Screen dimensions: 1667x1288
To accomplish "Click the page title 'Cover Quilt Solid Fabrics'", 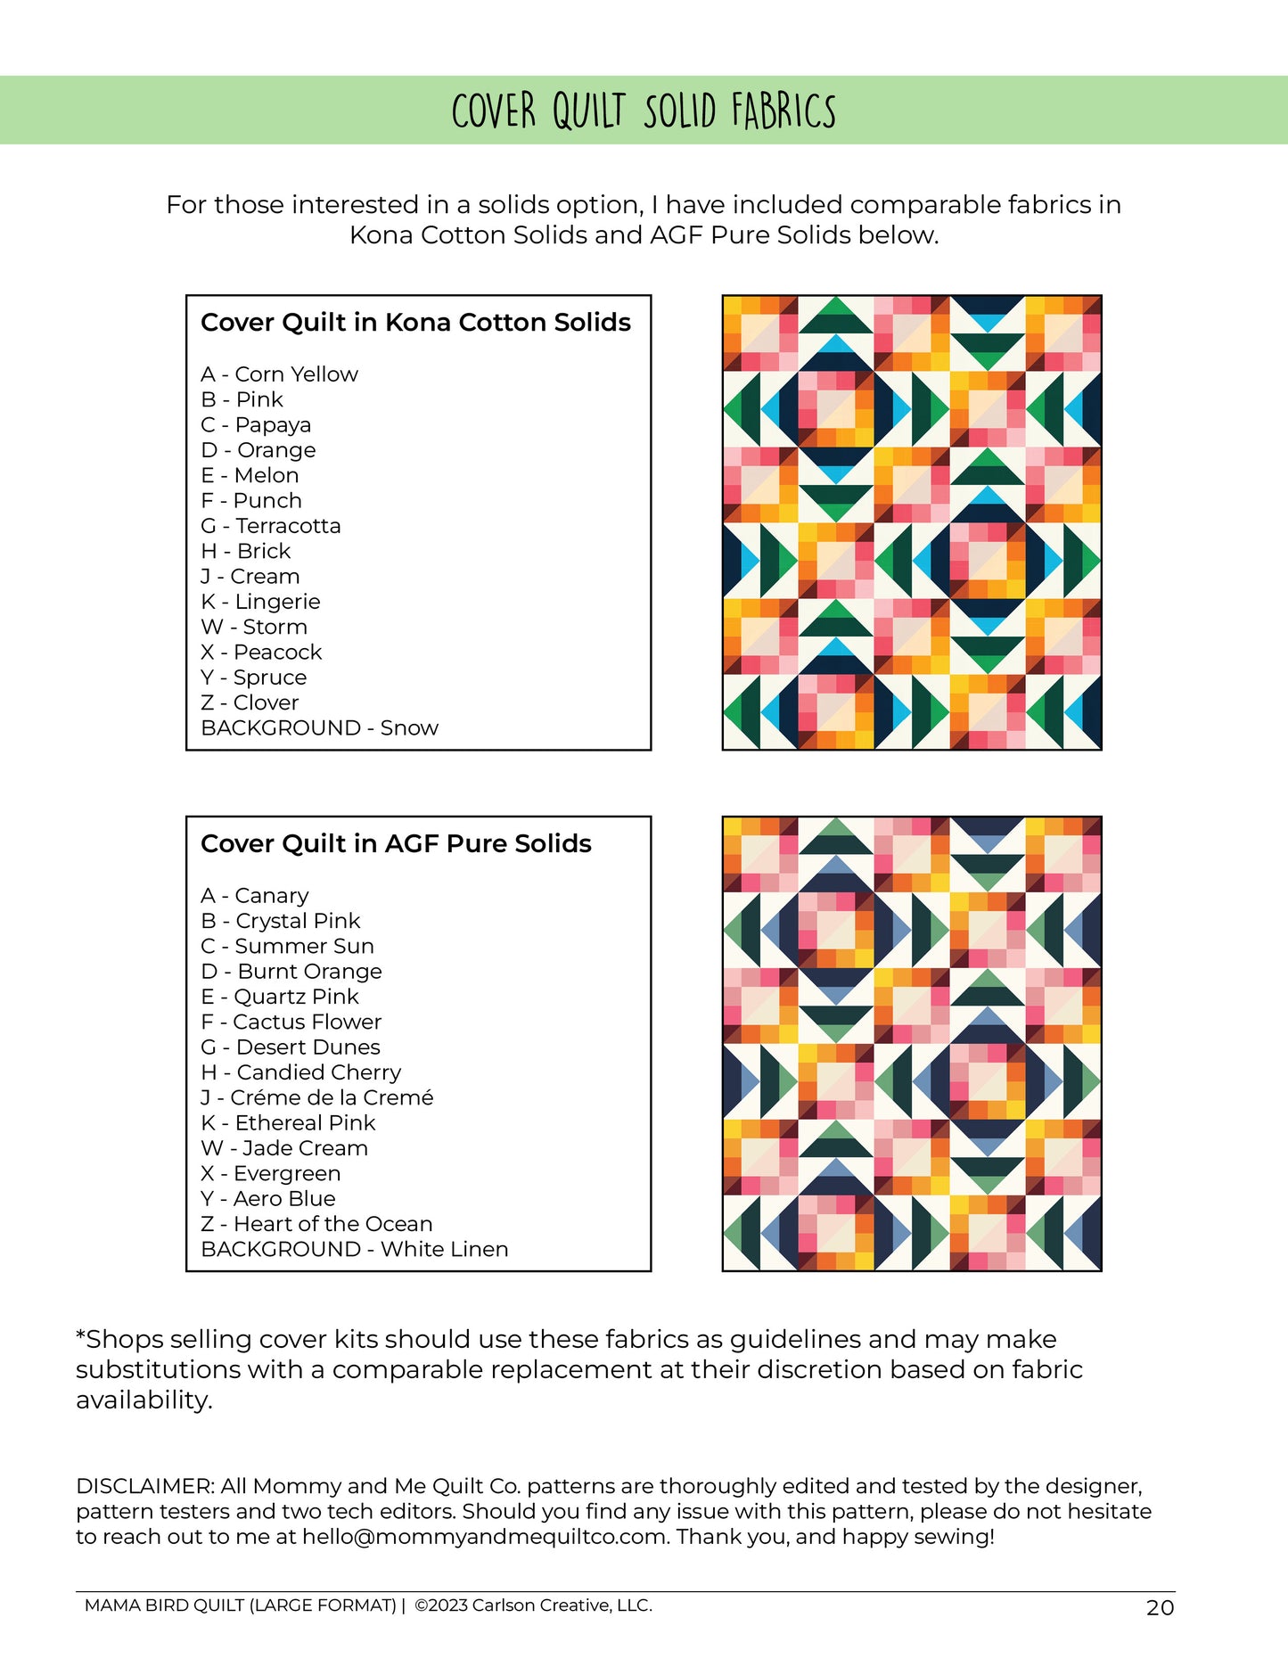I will point(644,111).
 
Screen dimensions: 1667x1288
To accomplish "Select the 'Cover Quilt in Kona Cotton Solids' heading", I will point(415,323).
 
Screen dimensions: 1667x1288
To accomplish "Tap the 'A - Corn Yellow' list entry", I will point(279,374).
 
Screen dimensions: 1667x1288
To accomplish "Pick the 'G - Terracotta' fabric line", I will point(270,526).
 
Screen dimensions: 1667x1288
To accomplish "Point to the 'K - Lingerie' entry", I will point(260,602).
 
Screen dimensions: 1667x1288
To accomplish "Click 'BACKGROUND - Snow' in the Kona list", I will point(319,728).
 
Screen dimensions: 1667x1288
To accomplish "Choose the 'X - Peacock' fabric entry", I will point(261,653).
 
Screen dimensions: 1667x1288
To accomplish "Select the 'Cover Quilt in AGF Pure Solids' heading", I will point(396,844).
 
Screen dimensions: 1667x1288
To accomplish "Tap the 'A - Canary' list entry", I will point(255,896).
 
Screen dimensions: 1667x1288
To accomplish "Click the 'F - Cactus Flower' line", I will point(291,1022).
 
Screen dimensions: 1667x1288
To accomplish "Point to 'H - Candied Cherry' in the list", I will point(300,1072).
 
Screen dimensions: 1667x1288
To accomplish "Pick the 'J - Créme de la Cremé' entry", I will point(316,1098).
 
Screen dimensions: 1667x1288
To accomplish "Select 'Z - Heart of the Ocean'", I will point(316,1225).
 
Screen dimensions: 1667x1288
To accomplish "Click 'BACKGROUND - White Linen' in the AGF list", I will point(354,1250).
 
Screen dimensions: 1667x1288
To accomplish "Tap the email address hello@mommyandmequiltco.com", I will point(484,1537).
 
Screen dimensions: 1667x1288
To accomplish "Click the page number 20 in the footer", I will point(1160,1608).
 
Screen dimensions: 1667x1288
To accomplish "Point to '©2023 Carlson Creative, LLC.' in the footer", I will point(533,1605).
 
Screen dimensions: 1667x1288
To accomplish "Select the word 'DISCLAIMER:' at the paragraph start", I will point(144,1487).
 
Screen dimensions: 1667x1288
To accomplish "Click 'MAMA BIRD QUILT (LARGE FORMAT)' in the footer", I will point(240,1605).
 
